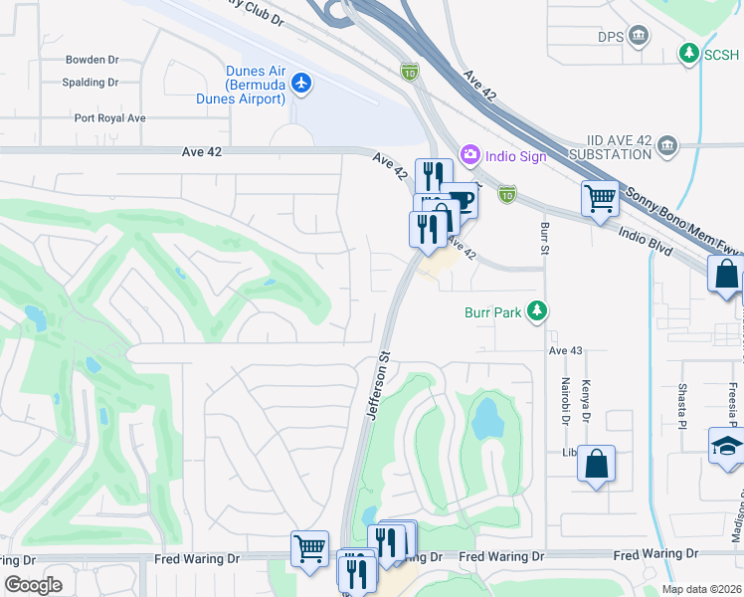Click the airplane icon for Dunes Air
pyautogui.click(x=302, y=85)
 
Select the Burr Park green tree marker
pyautogui.click(x=538, y=311)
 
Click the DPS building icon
pyautogui.click(x=639, y=38)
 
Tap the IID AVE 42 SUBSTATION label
pyautogui.click(x=608, y=149)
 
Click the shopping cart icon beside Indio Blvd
pyautogui.click(x=600, y=198)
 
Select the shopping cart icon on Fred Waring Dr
pyautogui.click(x=309, y=547)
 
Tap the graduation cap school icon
pyautogui.click(x=726, y=447)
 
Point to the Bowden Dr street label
pyautogui.click(x=93, y=60)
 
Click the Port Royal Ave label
pyautogui.click(x=109, y=117)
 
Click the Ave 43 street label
pyautogui.click(x=563, y=350)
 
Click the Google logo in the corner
pyautogui.click(x=33, y=585)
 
